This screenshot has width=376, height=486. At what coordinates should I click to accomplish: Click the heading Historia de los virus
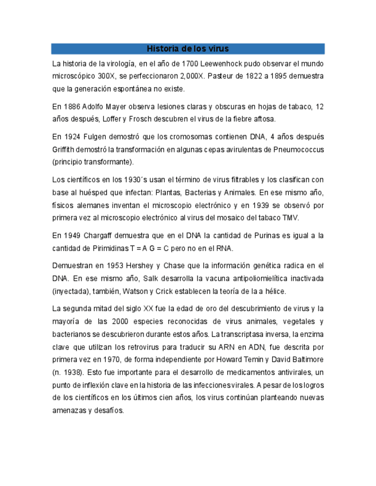(188, 49)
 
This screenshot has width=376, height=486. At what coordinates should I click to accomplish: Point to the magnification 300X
(106, 76)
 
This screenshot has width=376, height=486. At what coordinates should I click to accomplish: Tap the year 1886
(71, 107)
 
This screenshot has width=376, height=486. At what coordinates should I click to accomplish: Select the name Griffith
(64, 150)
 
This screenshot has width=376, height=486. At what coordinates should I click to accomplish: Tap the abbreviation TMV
(290, 218)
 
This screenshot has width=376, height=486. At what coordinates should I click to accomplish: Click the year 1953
(111, 266)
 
